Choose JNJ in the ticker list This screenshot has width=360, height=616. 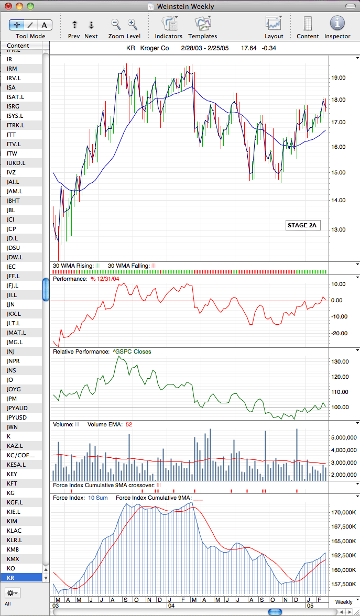coord(10,351)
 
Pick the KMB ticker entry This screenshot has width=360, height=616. coord(13,549)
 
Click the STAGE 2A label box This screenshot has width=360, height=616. coord(302,225)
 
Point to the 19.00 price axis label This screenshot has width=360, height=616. coord(339,78)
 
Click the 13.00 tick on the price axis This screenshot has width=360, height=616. coord(339,229)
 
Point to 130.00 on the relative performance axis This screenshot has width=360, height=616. coord(340,361)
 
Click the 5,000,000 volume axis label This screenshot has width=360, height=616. coord(344,437)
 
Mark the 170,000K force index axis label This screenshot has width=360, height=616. coord(344,512)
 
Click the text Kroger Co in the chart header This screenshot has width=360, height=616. coord(155,48)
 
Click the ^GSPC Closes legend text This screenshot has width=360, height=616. coord(132,351)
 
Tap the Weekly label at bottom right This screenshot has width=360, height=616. coord(344,602)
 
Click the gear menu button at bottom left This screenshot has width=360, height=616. coord(12,592)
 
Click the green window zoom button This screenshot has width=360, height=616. coord(30,6)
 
